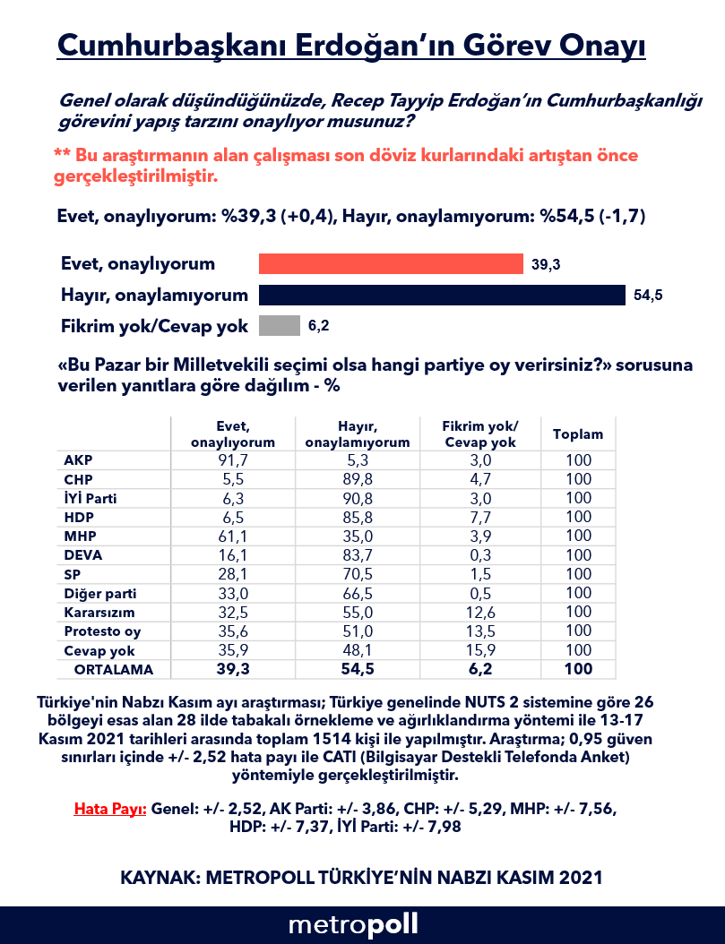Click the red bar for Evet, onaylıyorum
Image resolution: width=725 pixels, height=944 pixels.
[390, 263]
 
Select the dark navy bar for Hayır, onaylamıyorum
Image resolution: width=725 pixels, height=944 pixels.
[441, 295]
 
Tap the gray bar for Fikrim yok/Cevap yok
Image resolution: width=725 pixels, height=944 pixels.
[279, 326]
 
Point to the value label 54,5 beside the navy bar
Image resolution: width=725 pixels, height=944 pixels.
[647, 296]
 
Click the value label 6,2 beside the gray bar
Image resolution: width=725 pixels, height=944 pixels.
[319, 327]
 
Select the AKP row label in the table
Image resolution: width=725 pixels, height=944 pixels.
[78, 460]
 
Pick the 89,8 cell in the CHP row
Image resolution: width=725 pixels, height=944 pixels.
[357, 479]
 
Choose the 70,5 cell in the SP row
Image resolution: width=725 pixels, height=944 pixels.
[357, 574]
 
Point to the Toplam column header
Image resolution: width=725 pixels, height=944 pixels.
[578, 434]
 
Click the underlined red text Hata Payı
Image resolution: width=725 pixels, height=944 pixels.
[110, 808]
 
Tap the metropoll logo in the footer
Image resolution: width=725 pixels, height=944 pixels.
[353, 924]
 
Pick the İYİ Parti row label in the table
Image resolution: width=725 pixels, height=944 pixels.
[91, 498]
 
